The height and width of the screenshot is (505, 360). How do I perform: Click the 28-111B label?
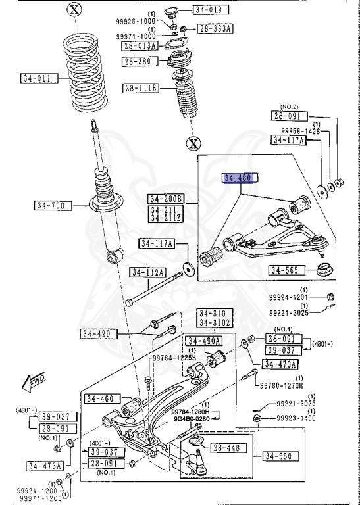click(140, 88)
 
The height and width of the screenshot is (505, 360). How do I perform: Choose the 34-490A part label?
click(203, 341)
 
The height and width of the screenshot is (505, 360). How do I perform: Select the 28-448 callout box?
click(230, 448)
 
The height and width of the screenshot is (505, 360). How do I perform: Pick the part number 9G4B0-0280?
click(192, 418)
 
